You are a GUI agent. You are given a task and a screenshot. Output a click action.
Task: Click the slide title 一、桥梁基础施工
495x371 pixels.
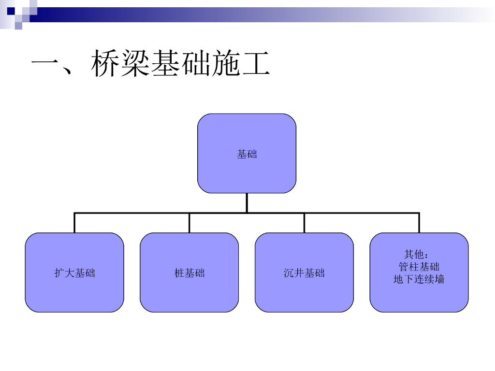(x=150, y=64)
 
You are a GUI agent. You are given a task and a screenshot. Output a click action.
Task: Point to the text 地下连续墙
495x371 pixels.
(x=419, y=279)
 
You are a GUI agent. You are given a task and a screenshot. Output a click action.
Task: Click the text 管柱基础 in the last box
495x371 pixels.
(x=419, y=267)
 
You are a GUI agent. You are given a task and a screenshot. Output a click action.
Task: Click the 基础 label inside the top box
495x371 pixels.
(x=247, y=154)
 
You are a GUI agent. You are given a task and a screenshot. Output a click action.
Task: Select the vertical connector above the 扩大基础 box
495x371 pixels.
(x=74, y=223)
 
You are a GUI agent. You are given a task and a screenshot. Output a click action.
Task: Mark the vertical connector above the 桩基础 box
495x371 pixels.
(x=189, y=223)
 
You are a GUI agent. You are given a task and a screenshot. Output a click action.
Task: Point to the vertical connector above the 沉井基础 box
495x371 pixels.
(x=304, y=223)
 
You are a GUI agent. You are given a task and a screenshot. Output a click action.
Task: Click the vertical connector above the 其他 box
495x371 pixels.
(x=419, y=223)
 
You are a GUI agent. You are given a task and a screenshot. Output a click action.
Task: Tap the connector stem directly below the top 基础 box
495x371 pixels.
(x=247, y=202)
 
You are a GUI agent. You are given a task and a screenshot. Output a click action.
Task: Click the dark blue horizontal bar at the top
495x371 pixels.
(x=145, y=14)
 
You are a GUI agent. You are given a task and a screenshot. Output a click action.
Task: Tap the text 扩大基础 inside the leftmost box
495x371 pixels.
(x=74, y=273)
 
